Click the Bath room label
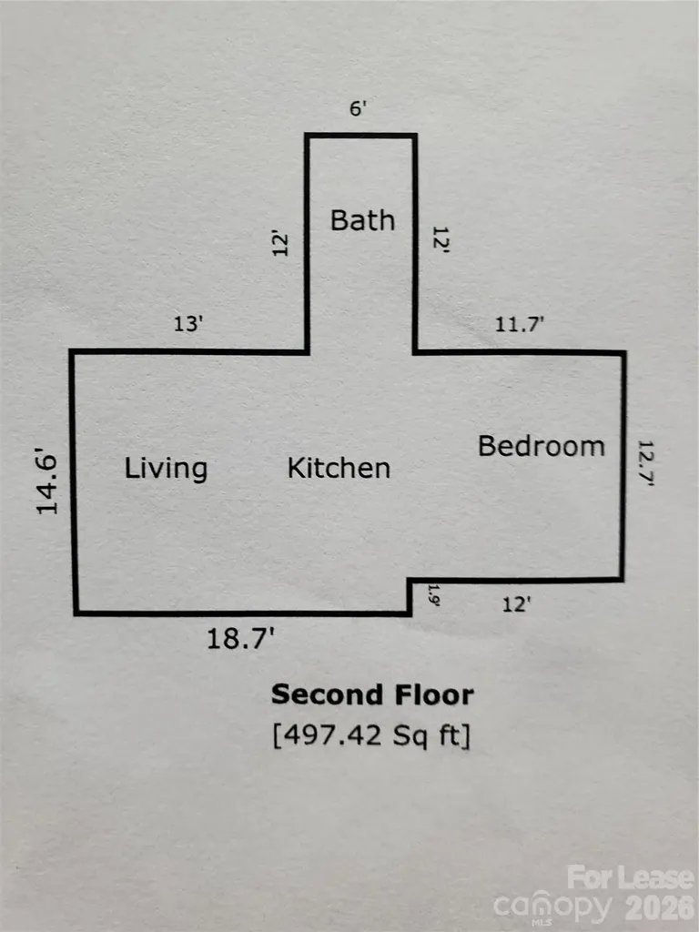pos(362,220)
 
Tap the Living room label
pos(166,469)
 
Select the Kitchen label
pos(339,469)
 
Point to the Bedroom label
pos(542,446)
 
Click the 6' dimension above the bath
pos(358,109)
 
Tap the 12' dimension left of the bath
pos(280,243)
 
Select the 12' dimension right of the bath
pos(441,239)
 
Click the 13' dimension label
pos(188,324)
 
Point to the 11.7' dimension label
pos(520,324)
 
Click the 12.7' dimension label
pos(646,463)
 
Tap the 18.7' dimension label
pos(240,639)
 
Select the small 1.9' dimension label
pos(433,595)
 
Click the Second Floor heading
pos(372,694)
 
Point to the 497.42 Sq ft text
pos(372,735)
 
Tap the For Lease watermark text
pos(631,878)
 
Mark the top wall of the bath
pos(360,137)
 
